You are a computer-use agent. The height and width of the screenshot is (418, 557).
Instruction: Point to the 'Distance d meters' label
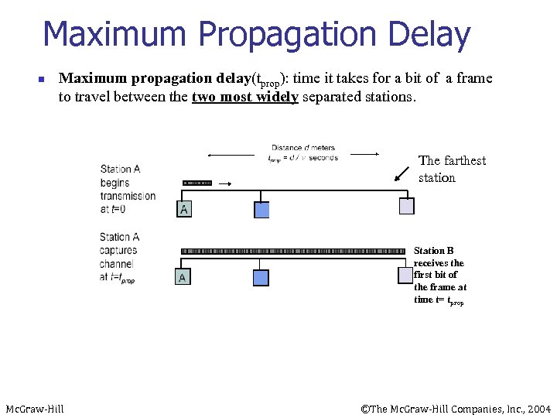pyautogui.click(x=302, y=148)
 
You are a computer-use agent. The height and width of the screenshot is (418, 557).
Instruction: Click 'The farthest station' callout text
pyautogui.click(x=452, y=169)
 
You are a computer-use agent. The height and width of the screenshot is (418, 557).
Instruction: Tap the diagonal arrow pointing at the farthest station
pyautogui.click(x=402, y=173)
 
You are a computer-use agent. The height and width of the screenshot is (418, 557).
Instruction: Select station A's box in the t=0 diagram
pyautogui.click(x=183, y=209)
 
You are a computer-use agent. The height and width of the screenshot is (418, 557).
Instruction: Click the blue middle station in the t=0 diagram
pyautogui.click(x=261, y=209)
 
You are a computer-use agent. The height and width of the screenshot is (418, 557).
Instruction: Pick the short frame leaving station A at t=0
pyautogui.click(x=197, y=183)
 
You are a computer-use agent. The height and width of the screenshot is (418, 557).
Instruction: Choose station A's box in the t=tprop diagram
pyautogui.click(x=182, y=276)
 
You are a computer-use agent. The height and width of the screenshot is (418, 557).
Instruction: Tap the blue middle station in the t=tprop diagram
pyautogui.click(x=261, y=277)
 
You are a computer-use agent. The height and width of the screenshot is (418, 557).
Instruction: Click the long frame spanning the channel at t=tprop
pyautogui.click(x=292, y=252)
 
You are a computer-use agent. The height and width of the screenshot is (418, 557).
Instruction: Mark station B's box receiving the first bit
pyautogui.click(x=405, y=275)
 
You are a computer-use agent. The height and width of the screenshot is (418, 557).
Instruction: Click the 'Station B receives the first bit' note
pyautogui.click(x=439, y=275)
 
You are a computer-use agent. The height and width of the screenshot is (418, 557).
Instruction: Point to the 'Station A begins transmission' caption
pyautogui.click(x=128, y=189)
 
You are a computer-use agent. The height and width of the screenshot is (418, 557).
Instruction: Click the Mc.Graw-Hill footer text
pyautogui.click(x=35, y=409)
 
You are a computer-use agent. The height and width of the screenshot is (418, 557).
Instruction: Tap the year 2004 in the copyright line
pyautogui.click(x=539, y=409)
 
